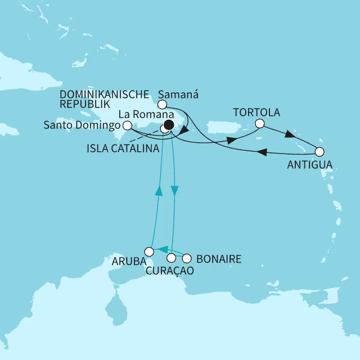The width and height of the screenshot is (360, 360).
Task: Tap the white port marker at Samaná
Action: pyautogui.click(x=162, y=104)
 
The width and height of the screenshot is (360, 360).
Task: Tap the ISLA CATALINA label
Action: pyautogui.click(x=123, y=149)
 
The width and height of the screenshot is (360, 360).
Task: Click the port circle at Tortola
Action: pyautogui.click(x=259, y=124)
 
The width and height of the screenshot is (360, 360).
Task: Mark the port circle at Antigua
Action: pyautogui.click(x=320, y=151)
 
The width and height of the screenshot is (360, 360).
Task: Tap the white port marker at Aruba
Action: pyautogui.click(x=149, y=251)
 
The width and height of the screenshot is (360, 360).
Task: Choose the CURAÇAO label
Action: pyautogui.click(x=171, y=271)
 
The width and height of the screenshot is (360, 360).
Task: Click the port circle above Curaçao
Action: pyautogui.click(x=172, y=258)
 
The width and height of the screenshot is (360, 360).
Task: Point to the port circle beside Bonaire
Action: pyautogui.click(x=187, y=259)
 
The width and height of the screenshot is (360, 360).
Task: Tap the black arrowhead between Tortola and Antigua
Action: pyautogui.click(x=289, y=136)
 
